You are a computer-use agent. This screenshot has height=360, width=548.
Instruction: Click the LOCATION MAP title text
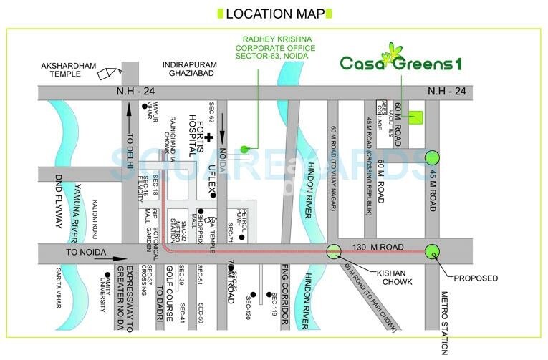coord(274,14)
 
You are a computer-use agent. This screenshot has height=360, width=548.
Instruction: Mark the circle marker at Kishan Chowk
coord(334,250)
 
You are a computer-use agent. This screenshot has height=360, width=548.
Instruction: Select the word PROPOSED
coord(476,278)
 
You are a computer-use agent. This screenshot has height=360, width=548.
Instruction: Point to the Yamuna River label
coord(74,208)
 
